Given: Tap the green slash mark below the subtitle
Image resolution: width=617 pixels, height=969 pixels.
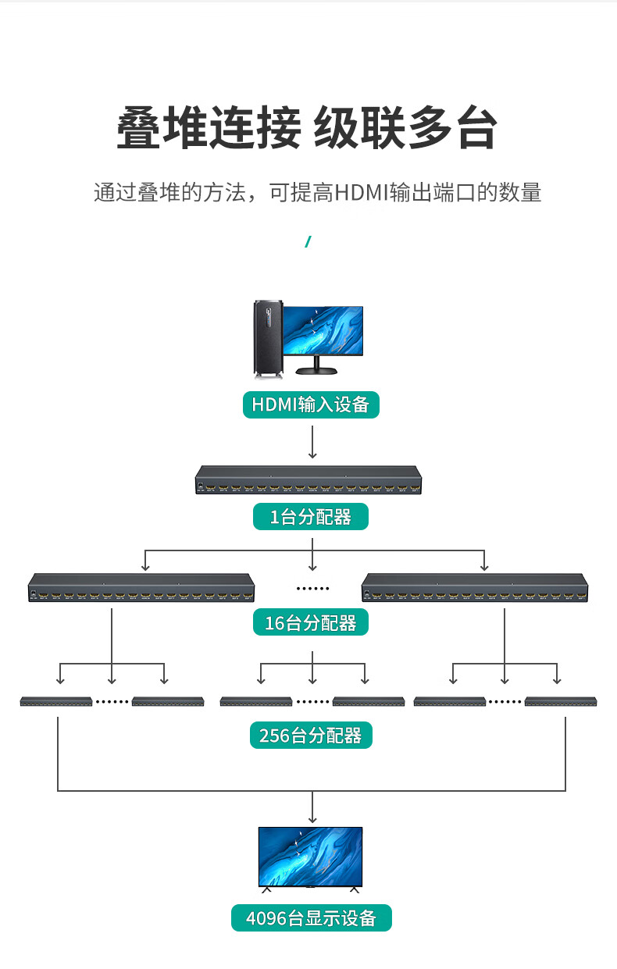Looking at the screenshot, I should tap(308, 242).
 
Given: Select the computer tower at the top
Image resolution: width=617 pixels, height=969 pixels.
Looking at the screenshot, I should tap(266, 340).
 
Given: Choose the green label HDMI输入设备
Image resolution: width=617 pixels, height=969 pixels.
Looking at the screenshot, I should tap(311, 404).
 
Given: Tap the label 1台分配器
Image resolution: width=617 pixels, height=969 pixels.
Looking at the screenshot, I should tap(310, 517).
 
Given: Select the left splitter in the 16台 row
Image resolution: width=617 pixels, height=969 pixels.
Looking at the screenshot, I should tap(142, 588).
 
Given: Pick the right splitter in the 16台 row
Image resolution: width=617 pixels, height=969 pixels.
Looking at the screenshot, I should tap(475, 588).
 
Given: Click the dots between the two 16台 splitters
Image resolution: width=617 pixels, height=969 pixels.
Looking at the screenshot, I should tap(312, 588).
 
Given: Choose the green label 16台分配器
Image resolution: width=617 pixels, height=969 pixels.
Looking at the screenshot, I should tap(310, 623).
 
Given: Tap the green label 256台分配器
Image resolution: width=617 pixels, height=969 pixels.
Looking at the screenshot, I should tap(311, 736).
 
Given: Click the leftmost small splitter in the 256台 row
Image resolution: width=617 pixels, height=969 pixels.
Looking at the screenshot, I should tap(56, 701).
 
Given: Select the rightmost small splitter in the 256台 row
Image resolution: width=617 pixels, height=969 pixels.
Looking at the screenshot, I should tap(562, 701).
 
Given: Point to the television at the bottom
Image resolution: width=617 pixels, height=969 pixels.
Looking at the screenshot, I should tap(311, 857).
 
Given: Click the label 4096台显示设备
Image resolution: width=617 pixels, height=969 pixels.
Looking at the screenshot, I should tap(311, 918).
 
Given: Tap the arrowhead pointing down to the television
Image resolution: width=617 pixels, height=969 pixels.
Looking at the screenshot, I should tap(312, 818).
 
